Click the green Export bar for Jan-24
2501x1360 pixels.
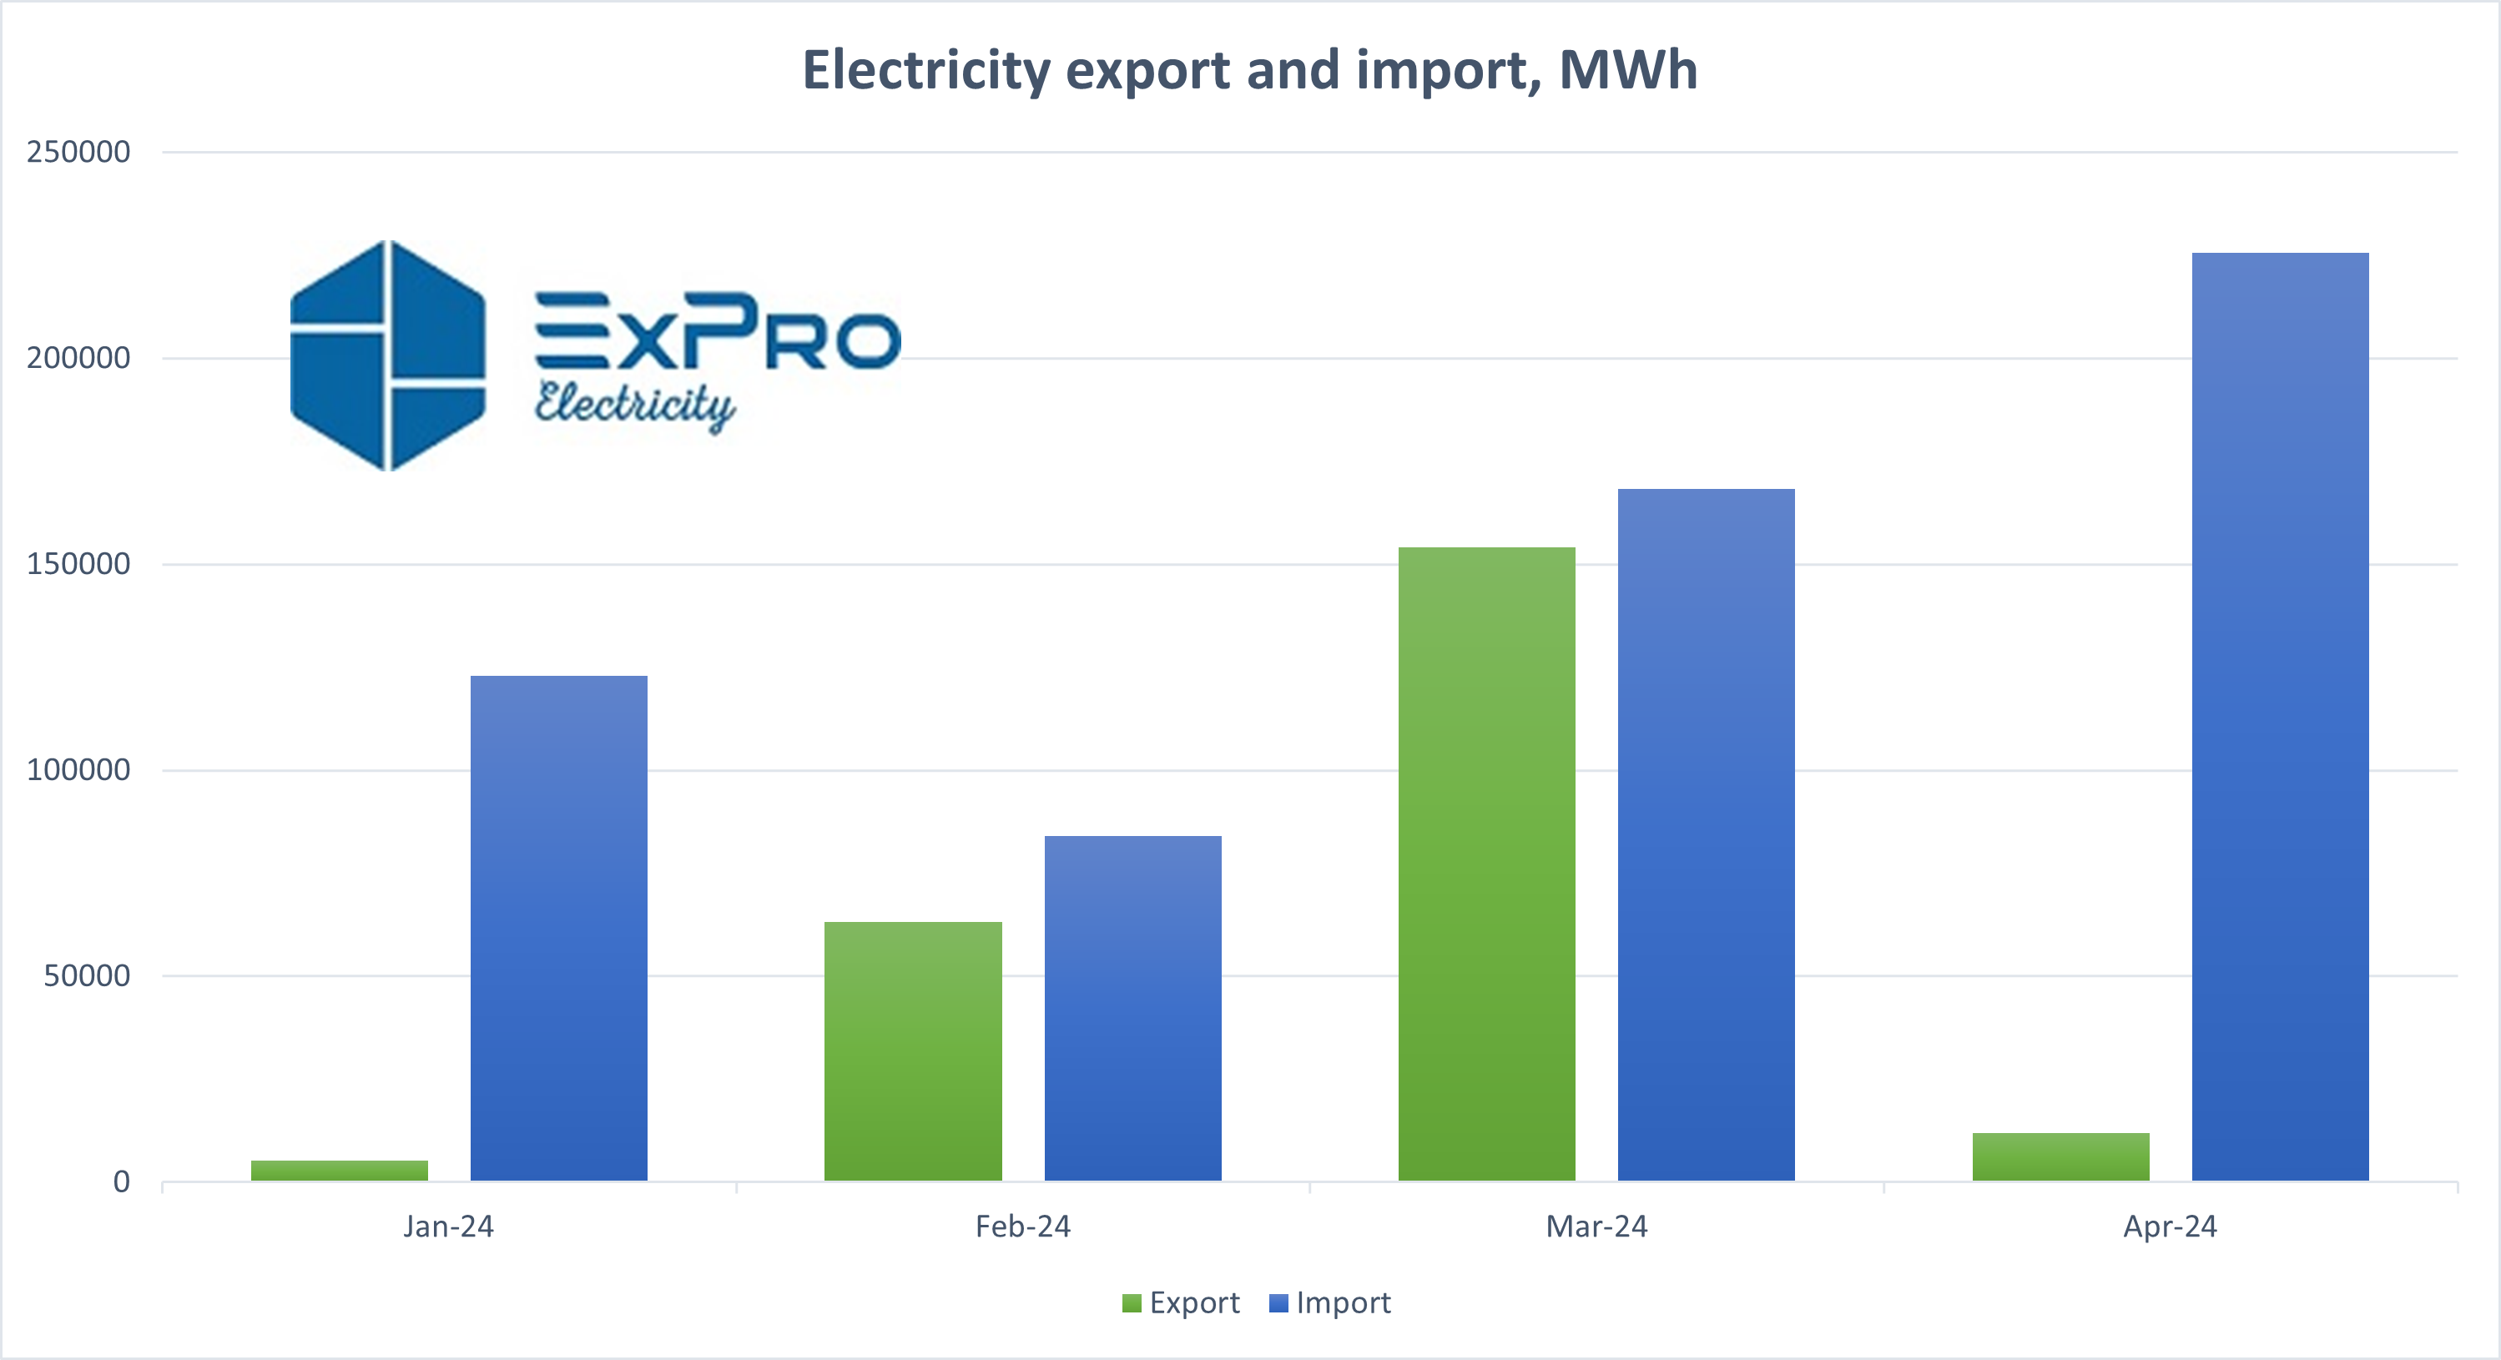tap(339, 1170)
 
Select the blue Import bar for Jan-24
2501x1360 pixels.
tap(558, 928)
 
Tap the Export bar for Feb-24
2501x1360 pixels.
tap(913, 1051)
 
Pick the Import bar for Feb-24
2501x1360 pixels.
tap(1132, 1009)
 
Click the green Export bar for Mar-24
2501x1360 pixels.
tap(1486, 864)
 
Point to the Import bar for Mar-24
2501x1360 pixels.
tap(1706, 835)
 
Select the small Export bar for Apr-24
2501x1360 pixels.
tap(2060, 1157)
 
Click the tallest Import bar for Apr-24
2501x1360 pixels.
tap(2280, 718)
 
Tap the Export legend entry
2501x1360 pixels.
tap(1181, 1302)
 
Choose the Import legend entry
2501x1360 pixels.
tap(1330, 1302)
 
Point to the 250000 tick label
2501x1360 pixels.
tap(78, 153)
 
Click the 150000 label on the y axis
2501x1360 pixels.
tap(78, 564)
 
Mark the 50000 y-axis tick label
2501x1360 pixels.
tap(87, 975)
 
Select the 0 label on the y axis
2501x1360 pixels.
tap(121, 1181)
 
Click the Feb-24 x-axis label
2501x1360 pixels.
tap(1022, 1227)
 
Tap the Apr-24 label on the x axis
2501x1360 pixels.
tap(2170, 1227)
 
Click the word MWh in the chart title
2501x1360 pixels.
tap(1628, 70)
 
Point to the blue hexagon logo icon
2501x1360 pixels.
tap(388, 355)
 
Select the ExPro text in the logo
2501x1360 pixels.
tap(719, 331)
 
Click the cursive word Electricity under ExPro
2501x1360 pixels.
tap(635, 405)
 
